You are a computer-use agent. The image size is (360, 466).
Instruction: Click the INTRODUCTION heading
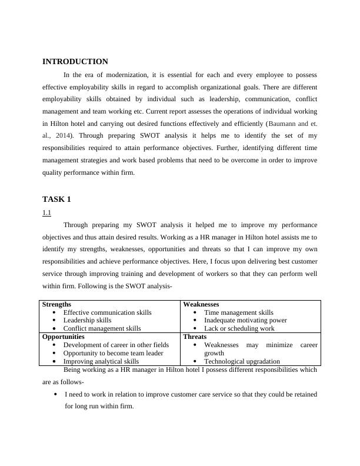(x=75, y=62)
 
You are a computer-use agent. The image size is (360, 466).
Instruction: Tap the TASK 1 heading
(x=56, y=199)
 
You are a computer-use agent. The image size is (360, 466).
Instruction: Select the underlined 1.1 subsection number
(x=46, y=212)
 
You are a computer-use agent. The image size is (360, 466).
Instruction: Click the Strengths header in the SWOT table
(x=57, y=304)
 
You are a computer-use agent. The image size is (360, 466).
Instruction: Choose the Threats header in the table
(x=195, y=337)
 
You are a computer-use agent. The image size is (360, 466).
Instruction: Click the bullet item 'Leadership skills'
(x=87, y=320)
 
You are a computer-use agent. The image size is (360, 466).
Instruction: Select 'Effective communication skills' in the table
(x=107, y=312)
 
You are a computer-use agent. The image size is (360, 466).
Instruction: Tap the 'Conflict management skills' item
(x=102, y=328)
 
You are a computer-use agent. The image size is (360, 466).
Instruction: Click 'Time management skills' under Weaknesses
(x=238, y=312)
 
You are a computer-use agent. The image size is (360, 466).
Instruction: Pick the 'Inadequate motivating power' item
(x=245, y=320)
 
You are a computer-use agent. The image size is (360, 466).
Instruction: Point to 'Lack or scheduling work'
(x=239, y=328)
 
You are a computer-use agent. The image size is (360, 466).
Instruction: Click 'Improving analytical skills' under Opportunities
(x=101, y=361)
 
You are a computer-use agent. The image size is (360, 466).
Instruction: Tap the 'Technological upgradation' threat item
(x=242, y=361)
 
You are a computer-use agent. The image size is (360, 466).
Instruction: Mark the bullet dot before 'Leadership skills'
(x=54, y=321)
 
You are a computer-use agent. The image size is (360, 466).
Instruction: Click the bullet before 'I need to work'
(x=55, y=394)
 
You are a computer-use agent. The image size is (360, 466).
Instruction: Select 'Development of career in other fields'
(x=116, y=345)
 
